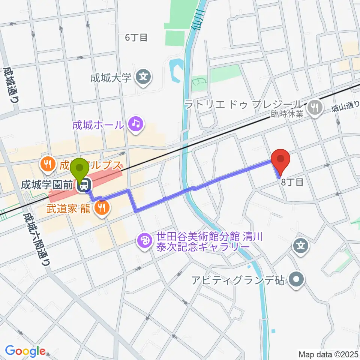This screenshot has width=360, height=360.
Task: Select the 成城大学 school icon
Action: coord(144,78)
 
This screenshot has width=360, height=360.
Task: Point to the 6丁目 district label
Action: coord(136,37)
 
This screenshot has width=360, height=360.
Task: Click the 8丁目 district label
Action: coord(292,183)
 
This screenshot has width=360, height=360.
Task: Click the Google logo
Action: coord(25,352)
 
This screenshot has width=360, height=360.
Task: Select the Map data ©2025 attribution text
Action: coord(329,354)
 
